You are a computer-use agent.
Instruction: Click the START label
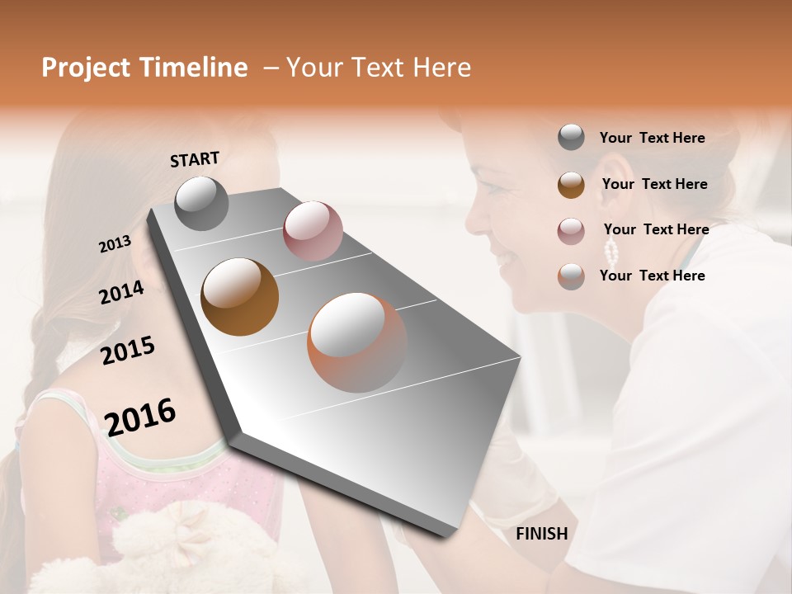coord(195,159)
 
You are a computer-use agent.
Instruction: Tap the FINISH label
coord(541,534)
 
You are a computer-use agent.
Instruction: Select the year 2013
coord(115,244)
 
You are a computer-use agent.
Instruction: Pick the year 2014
coord(121,292)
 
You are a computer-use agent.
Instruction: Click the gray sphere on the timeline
coord(201,204)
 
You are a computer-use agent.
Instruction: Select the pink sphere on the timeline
coord(313,230)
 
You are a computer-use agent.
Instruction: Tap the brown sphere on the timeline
coord(239,296)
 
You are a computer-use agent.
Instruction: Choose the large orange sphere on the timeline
coord(356,342)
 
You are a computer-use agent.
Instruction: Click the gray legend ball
coord(571,137)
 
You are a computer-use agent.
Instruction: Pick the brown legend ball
coord(571,185)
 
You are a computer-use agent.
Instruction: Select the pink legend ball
coord(571,231)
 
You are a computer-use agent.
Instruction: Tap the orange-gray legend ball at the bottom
coord(571,276)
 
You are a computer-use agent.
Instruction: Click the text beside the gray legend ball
coord(652,138)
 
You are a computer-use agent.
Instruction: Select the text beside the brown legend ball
coord(654,184)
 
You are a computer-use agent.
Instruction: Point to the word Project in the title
coord(85,68)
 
